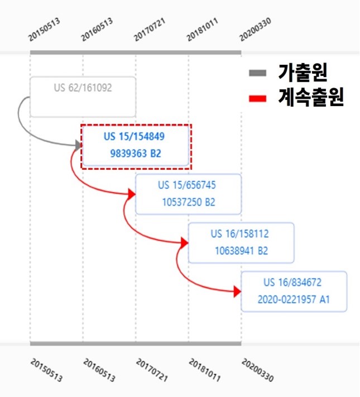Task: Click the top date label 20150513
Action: pos(44,29)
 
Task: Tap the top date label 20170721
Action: pos(150,29)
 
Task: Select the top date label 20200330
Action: pos(255,29)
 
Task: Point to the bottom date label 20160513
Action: pos(99,370)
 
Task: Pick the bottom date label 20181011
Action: pos(204,370)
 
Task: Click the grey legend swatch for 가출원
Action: pos(257,73)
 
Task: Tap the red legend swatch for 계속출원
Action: pos(257,98)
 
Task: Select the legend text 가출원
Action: pos(303,73)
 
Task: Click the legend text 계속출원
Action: pos(311,97)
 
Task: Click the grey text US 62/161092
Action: pos(83,88)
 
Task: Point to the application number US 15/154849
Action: pos(134,136)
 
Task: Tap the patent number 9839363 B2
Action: pos(136,154)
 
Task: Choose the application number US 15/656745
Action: pos(187,185)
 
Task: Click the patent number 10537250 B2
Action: pos(189,202)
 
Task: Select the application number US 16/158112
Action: pos(240,234)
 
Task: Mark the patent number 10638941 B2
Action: pos(241,251)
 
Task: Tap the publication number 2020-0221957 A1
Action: pos(294,299)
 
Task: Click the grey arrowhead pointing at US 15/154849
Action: pos(78,145)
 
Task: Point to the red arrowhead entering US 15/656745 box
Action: pos(132,194)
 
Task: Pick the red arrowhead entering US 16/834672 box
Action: pos(237,291)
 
